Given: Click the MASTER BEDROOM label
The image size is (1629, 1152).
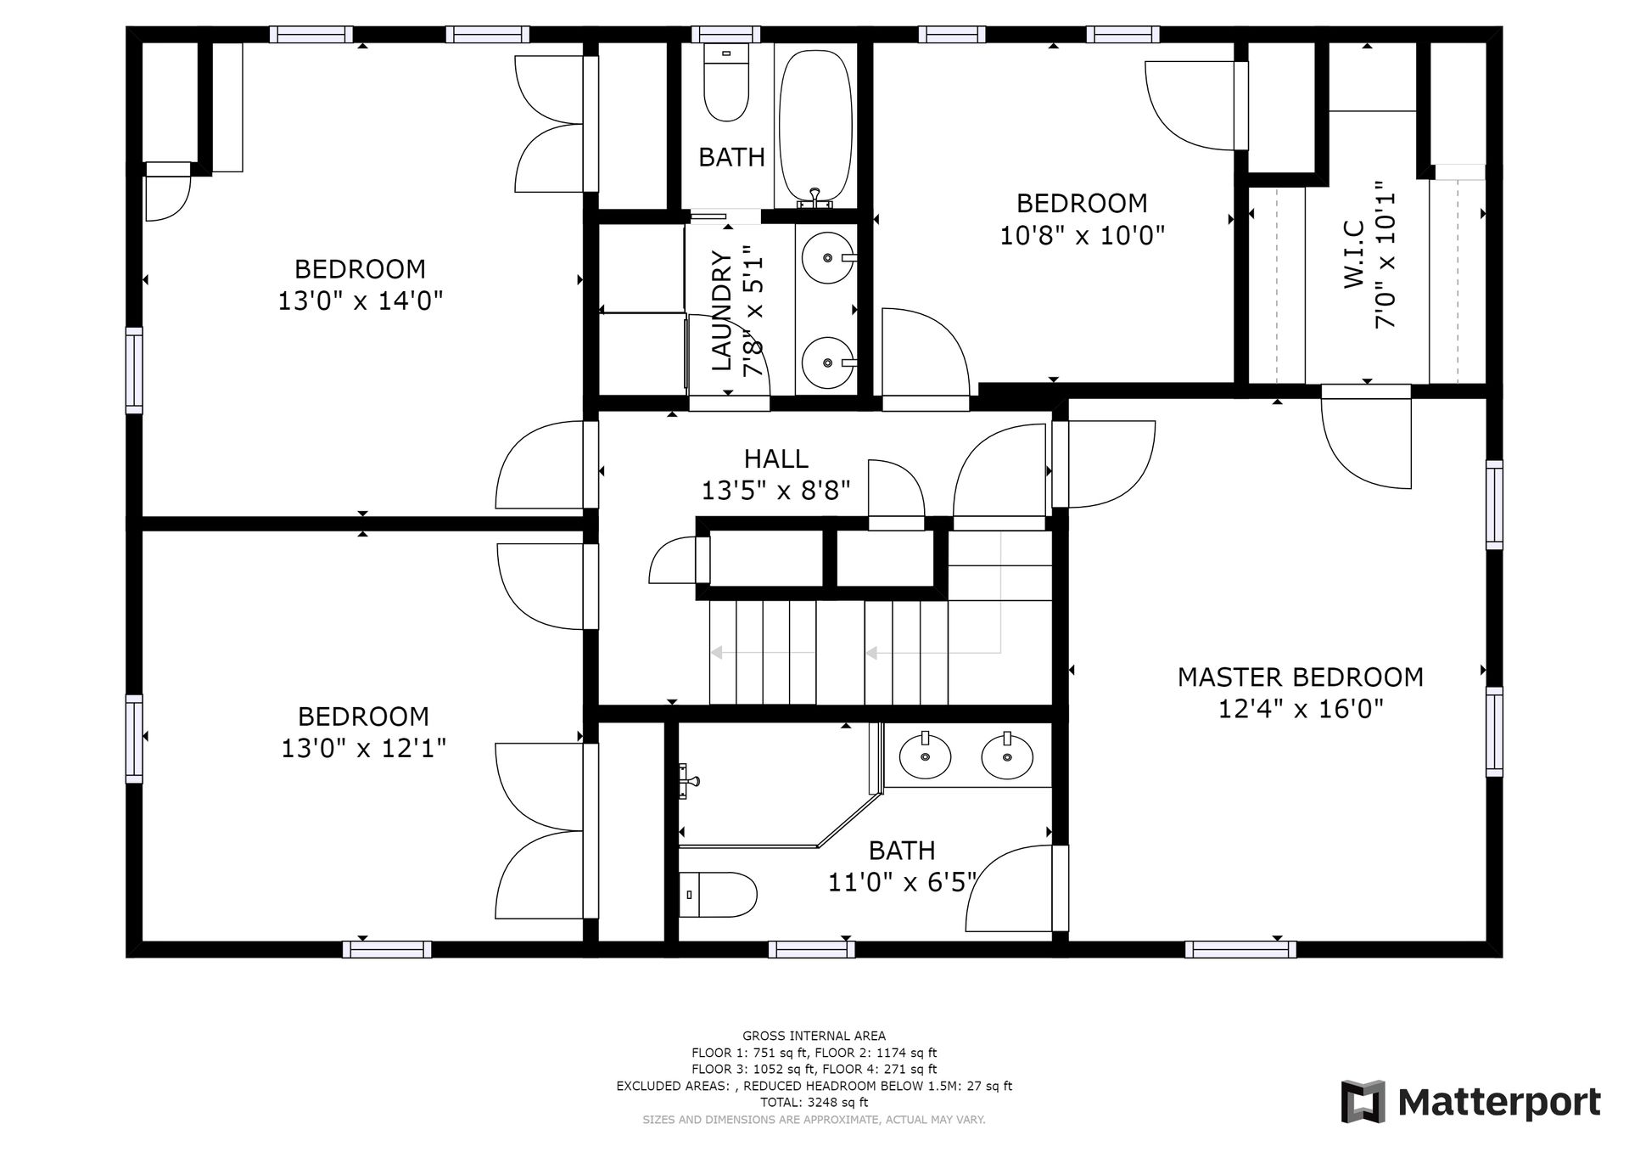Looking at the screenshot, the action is [x=1300, y=677].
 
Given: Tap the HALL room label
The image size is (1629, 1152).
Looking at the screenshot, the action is [x=776, y=459].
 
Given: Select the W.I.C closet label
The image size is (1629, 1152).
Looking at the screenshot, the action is [x=1354, y=254].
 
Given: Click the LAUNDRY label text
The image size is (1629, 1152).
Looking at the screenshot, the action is [x=722, y=311].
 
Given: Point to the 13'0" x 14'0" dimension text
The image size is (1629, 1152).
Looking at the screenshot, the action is [x=361, y=301].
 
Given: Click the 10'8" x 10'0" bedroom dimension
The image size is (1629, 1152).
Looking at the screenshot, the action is [x=1082, y=234].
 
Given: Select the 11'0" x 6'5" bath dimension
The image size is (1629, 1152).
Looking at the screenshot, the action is [x=902, y=883].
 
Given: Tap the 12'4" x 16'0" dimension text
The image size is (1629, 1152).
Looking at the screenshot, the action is [x=1301, y=709].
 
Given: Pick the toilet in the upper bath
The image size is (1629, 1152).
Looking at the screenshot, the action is [x=726, y=83].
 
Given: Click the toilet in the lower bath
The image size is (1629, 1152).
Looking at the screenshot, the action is [x=718, y=895].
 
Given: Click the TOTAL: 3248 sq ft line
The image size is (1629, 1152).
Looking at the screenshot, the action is [x=814, y=1103].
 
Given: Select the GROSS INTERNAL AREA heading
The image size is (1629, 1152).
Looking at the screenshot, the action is [x=814, y=1036].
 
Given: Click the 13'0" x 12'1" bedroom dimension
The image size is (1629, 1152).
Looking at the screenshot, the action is [x=364, y=748].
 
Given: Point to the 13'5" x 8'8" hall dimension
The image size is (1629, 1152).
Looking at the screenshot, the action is [x=776, y=491].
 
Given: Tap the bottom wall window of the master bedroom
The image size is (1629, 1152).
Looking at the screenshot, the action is [x=1240, y=949].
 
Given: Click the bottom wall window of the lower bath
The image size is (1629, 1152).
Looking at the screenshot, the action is [x=811, y=949].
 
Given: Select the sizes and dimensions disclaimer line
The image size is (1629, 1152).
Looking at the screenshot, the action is [x=814, y=1120].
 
